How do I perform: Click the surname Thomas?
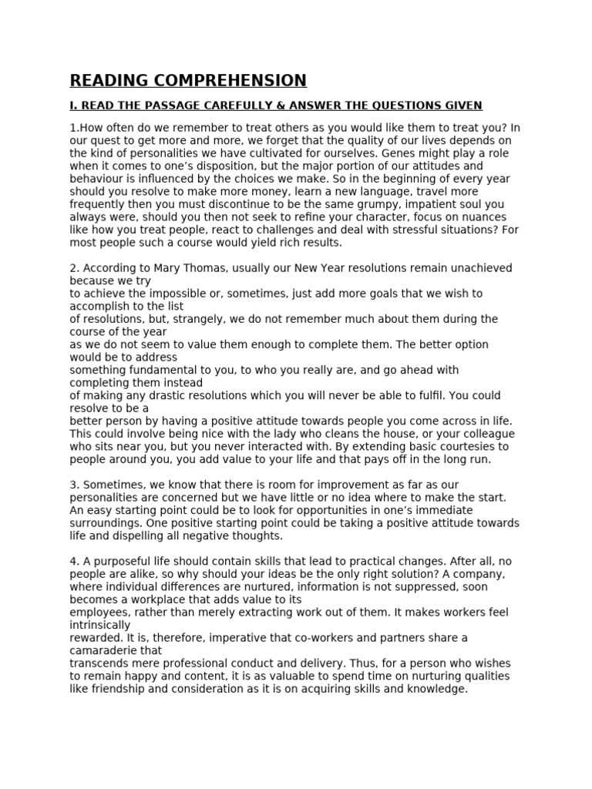point(200,268)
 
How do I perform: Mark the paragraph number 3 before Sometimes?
point(73,484)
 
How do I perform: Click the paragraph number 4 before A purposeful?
point(73,561)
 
